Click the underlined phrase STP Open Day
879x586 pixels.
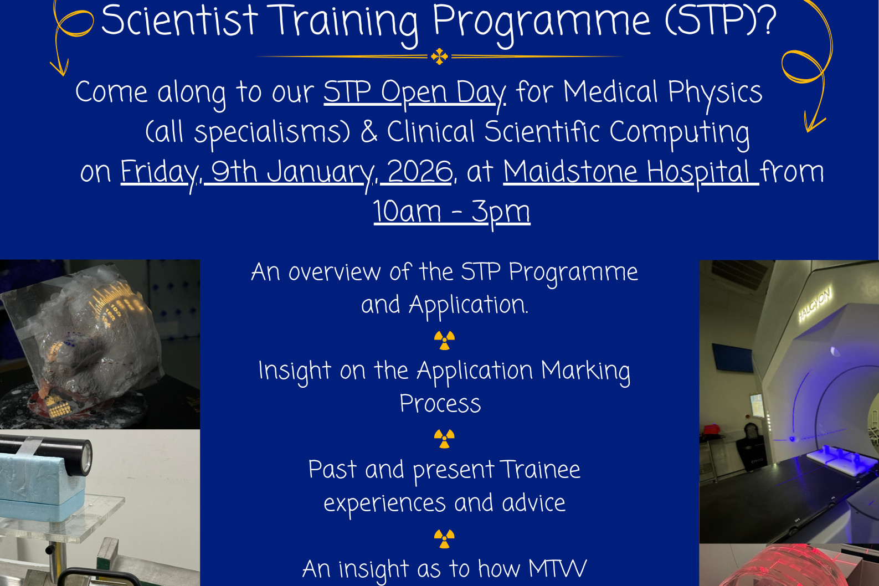click(x=414, y=92)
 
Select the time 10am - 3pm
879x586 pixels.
click(x=451, y=213)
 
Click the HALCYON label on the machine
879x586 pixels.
click(x=814, y=305)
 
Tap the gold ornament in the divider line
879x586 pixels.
click(x=439, y=56)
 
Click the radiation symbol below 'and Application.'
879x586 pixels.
click(x=444, y=340)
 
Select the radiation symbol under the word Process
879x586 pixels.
click(x=444, y=439)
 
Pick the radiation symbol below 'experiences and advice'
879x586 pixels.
click(x=444, y=538)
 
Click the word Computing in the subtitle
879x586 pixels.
click(x=679, y=133)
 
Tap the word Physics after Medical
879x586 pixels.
click(x=715, y=92)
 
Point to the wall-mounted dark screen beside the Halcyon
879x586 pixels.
click(x=732, y=357)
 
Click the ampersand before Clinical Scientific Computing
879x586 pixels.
click(x=369, y=131)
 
